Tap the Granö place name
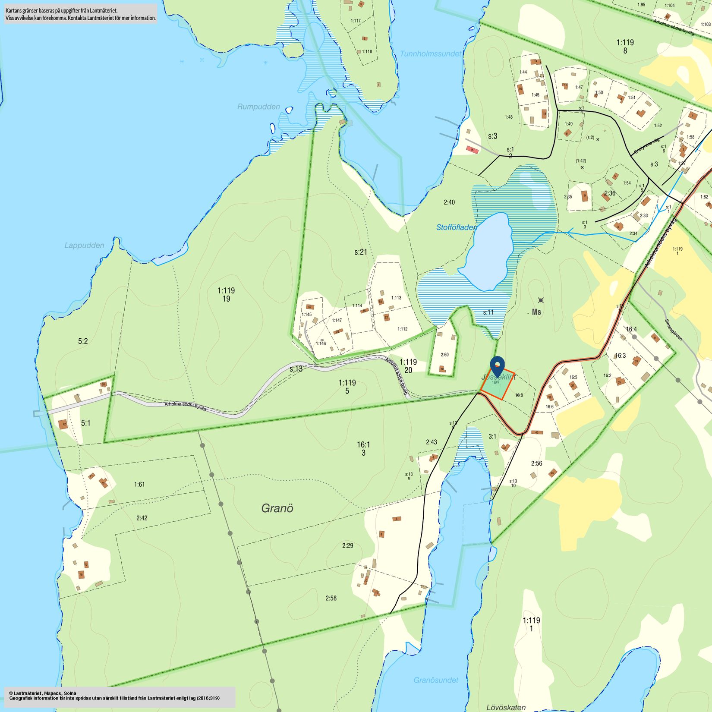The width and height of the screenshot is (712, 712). (277, 508)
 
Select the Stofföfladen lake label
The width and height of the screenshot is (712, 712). (457, 227)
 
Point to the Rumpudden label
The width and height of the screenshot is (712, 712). (258, 107)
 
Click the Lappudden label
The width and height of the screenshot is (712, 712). (84, 246)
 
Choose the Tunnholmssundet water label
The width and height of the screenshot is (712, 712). (430, 54)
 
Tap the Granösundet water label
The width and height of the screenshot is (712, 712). (436, 680)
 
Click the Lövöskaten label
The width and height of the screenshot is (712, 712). (506, 707)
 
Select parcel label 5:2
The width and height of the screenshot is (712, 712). (83, 341)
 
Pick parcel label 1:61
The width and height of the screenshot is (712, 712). (139, 485)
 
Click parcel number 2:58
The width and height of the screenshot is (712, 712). (331, 598)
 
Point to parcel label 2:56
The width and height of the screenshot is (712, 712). (536, 463)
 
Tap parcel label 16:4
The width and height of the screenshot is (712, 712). (631, 329)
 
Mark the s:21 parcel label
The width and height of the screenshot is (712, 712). (361, 252)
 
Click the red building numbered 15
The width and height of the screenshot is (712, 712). (472, 150)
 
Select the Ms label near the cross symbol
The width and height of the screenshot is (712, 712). (536, 312)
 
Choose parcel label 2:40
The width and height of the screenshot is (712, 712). (449, 202)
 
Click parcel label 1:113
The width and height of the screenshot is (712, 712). (396, 298)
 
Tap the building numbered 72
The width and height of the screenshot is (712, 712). (63, 424)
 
